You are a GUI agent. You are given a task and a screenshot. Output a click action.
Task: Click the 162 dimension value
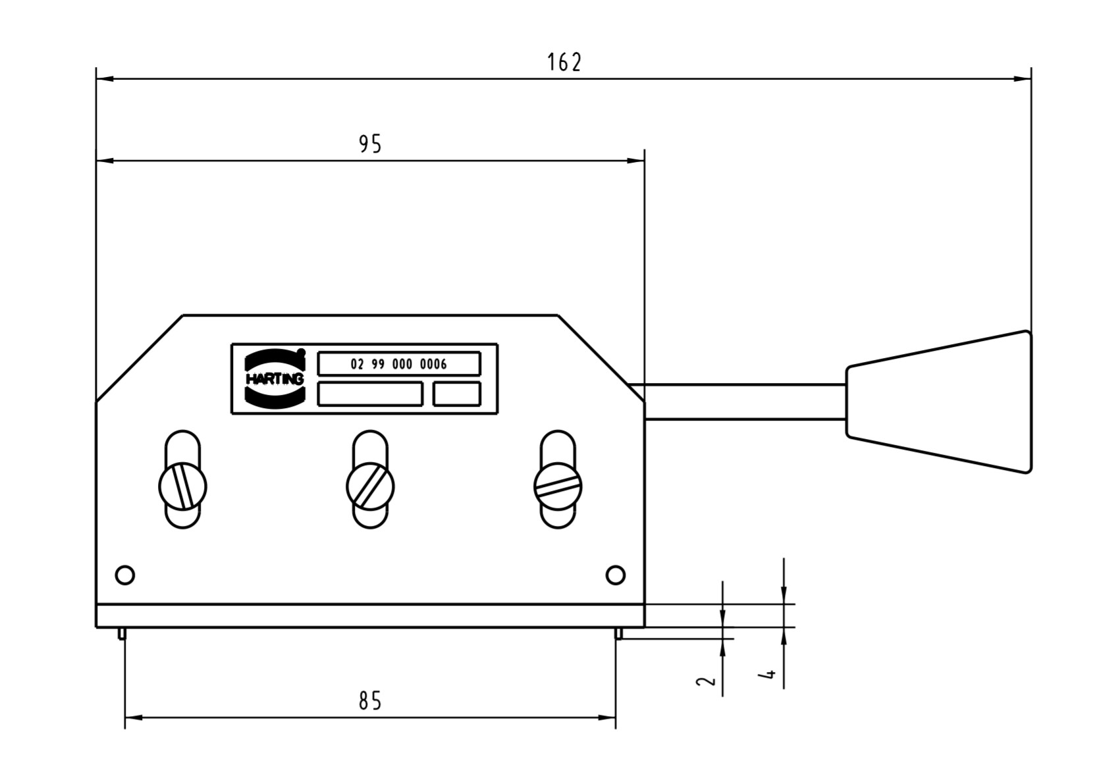click(564, 63)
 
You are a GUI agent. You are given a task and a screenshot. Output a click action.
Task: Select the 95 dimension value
click(370, 143)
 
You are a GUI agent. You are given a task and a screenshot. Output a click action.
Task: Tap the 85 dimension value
click(370, 701)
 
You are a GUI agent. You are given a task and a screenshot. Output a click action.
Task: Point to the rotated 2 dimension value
click(706, 680)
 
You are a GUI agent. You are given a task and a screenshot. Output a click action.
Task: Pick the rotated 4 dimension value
click(768, 674)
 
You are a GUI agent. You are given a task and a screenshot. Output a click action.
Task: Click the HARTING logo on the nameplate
click(275, 378)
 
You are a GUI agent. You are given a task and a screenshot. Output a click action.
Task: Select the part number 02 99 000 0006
click(399, 364)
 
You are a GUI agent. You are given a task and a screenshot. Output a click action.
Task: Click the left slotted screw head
click(182, 486)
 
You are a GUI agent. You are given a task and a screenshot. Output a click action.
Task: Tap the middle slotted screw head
click(370, 486)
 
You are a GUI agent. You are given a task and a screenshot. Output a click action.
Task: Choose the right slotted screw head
click(558, 486)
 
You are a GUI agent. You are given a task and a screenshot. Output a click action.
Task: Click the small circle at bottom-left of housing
click(124, 575)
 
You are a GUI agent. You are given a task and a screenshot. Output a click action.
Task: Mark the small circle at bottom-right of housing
click(615, 575)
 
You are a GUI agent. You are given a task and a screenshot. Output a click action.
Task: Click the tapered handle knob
click(938, 402)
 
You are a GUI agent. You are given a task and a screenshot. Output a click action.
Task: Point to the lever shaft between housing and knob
click(744, 402)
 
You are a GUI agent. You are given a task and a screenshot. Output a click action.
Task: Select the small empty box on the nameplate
click(456, 394)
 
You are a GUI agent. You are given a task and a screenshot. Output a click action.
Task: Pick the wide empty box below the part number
click(370, 394)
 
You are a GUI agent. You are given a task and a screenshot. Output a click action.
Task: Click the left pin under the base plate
click(122, 633)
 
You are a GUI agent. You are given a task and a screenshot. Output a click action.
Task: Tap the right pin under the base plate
click(618, 633)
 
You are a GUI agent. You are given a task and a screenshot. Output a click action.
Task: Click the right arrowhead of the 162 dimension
click(1023, 79)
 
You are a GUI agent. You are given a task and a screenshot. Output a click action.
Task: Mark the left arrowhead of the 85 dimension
click(132, 717)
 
